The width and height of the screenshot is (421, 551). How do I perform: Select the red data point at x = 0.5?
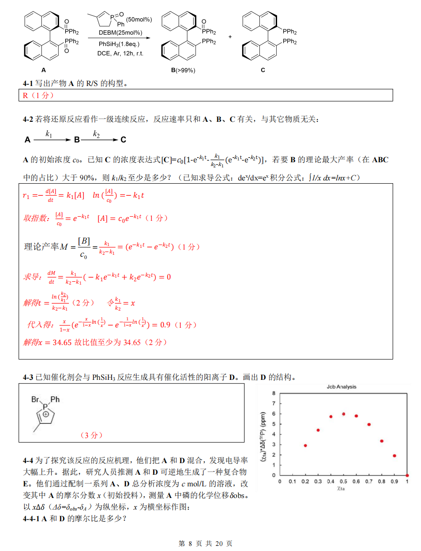click(343, 414)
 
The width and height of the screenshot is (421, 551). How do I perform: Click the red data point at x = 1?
click(407, 475)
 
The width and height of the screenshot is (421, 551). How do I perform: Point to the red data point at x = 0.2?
click(305, 445)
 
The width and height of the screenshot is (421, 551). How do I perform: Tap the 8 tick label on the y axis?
click(274, 393)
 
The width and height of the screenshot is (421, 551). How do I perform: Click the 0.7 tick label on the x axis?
click(369, 482)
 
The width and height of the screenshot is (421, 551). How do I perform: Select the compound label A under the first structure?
click(44, 70)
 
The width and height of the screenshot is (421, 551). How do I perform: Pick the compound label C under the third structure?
click(263, 70)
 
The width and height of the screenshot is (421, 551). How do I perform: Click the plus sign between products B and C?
click(230, 36)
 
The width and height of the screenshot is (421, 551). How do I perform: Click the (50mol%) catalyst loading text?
click(139, 19)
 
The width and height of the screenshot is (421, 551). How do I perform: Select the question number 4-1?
click(28, 84)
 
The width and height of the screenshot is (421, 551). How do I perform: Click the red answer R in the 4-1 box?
click(26, 95)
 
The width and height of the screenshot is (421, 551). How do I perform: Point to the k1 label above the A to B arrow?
click(49, 133)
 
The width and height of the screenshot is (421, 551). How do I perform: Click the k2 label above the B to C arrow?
click(96, 133)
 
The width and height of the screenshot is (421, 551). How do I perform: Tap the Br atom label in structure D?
click(35, 399)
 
